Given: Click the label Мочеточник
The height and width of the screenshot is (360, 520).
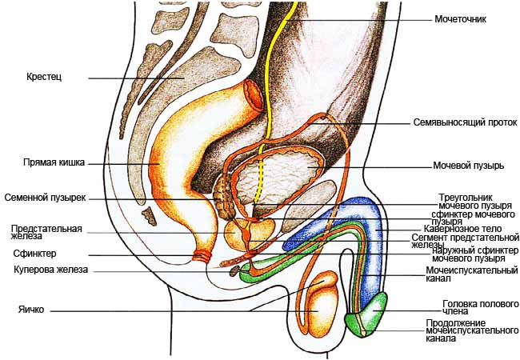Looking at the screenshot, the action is click(460, 19).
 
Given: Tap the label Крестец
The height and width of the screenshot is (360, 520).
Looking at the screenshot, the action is click(44, 77).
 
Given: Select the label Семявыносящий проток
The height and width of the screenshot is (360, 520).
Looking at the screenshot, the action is click(465, 122).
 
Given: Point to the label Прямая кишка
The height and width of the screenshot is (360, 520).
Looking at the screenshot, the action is click(54, 162).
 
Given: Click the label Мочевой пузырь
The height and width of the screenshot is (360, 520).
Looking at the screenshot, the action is click(468, 165).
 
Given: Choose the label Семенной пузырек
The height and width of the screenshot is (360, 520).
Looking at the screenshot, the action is click(45, 198).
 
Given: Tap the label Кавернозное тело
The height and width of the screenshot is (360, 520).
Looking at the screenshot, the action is click(462, 229).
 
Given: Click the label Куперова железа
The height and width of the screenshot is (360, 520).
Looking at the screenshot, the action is click(50, 270).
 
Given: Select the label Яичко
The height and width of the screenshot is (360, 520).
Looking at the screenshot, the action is click(31, 310).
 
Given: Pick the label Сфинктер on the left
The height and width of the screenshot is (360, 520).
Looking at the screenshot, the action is click(35, 254).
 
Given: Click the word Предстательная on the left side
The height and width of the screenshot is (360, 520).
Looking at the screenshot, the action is click(46, 229).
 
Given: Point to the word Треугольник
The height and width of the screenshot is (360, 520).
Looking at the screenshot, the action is click(466, 198).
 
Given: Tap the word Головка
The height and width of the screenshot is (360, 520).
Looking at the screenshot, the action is click(460, 304).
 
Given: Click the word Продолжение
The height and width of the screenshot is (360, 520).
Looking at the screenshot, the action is click(456, 323).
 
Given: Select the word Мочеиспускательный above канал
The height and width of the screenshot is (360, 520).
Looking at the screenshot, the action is click(471, 270).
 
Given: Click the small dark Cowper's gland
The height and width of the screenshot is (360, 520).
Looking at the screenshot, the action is click(234, 271).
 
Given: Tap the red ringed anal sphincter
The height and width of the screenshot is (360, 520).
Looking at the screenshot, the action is click(202, 255).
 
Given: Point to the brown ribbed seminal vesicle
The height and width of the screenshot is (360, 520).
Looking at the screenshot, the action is click(223, 199).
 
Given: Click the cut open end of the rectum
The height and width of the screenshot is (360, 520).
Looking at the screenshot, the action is click(254, 95).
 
